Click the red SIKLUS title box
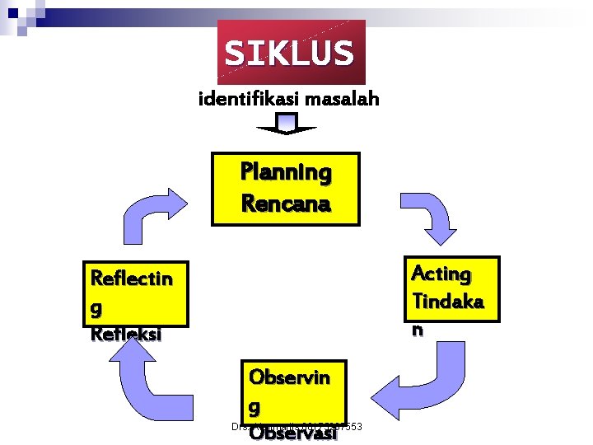(290, 53)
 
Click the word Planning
(286, 173)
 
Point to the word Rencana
(286, 203)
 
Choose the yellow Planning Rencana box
(286, 189)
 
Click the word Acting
(441, 274)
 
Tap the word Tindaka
(447, 302)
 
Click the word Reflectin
(132, 279)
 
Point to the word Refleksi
(127, 335)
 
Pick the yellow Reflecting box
(136, 293)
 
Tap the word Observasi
(293, 434)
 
